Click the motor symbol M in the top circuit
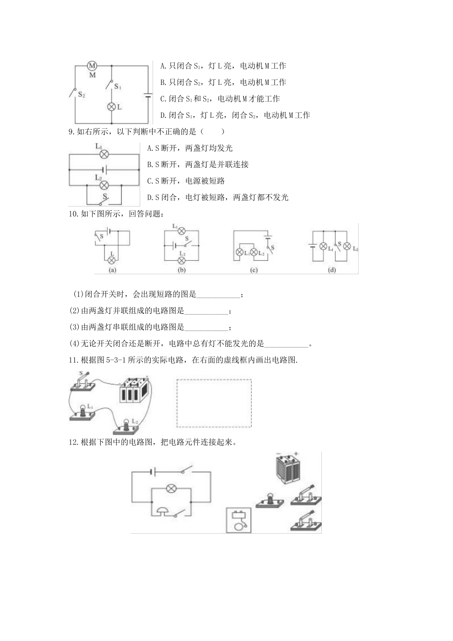[x=93, y=66]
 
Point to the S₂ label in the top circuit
[x=81, y=95]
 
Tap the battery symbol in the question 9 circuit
[x=103, y=170]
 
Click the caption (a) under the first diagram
[x=113, y=270]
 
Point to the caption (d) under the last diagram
[x=332, y=270]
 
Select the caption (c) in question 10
[x=254, y=270]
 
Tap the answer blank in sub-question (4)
[x=286, y=344]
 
